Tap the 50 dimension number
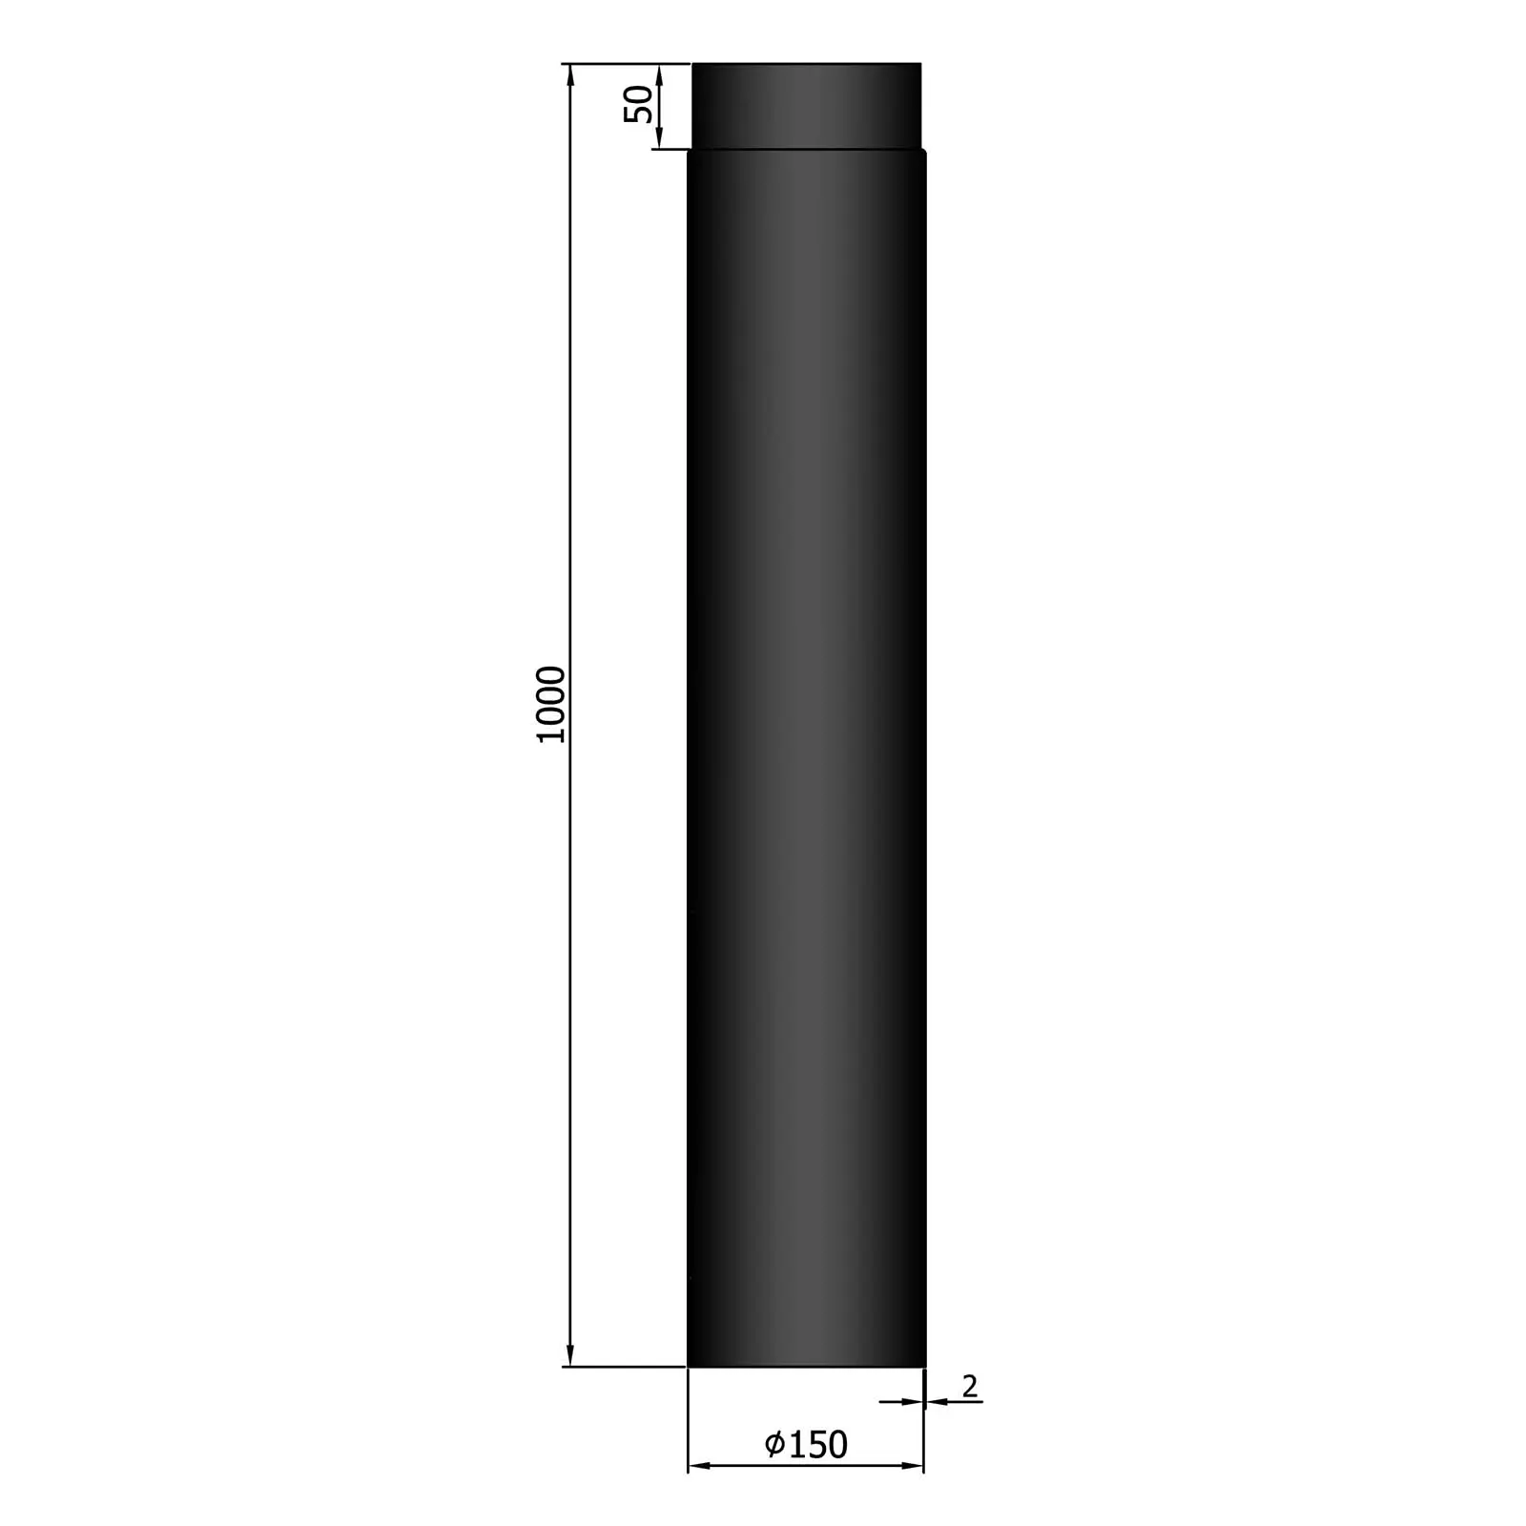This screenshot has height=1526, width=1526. click(640, 103)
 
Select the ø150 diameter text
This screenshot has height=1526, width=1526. click(806, 1444)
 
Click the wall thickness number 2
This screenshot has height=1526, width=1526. click(970, 1386)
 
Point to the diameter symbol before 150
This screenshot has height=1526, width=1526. click(775, 1444)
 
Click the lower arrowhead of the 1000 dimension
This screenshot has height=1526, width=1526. click(570, 1355)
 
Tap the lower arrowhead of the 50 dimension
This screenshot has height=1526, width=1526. click(659, 140)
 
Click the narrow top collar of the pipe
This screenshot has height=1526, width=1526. click(806, 105)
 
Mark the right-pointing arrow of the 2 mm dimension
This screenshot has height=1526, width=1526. click(913, 1401)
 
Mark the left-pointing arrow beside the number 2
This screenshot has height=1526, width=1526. click(936, 1401)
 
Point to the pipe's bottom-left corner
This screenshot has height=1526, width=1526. click(689, 1365)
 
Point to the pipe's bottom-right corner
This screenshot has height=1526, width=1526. click(924, 1365)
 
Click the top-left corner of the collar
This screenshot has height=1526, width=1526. click(693, 64)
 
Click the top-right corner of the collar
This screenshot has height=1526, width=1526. click(920, 64)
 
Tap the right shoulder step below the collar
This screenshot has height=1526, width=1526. click(923, 151)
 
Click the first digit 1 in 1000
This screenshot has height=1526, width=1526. click(552, 734)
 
